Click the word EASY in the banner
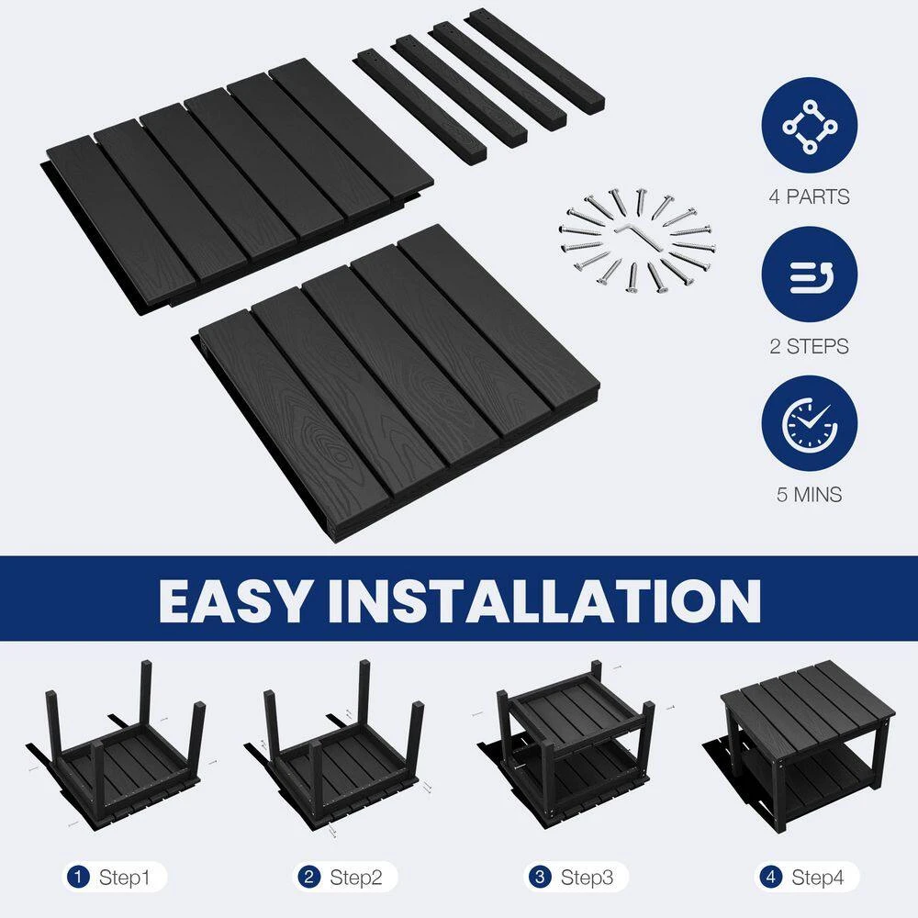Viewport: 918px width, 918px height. pyautogui.click(x=234, y=600)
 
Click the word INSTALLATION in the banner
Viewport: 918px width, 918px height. pyautogui.click(x=543, y=600)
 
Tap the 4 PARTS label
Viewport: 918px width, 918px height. pyautogui.click(x=809, y=196)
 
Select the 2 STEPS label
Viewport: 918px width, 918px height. pyautogui.click(x=809, y=346)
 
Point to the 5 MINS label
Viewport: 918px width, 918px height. pyautogui.click(x=809, y=495)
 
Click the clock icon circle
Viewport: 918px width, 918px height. pyautogui.click(x=809, y=422)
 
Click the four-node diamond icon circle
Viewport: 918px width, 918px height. pyautogui.click(x=809, y=125)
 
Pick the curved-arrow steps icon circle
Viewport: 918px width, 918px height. pyautogui.click(x=809, y=274)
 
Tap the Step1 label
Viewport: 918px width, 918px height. pyautogui.click(x=124, y=877)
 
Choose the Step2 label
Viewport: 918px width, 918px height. pyautogui.click(x=355, y=877)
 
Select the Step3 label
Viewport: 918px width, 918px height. pyautogui.click(x=587, y=877)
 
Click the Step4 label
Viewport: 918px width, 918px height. pyautogui.click(x=817, y=877)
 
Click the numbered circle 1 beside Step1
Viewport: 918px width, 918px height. pyautogui.click(x=78, y=877)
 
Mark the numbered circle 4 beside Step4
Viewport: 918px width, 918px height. pyautogui.click(x=771, y=877)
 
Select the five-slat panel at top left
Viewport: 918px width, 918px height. pyautogui.click(x=237, y=186)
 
